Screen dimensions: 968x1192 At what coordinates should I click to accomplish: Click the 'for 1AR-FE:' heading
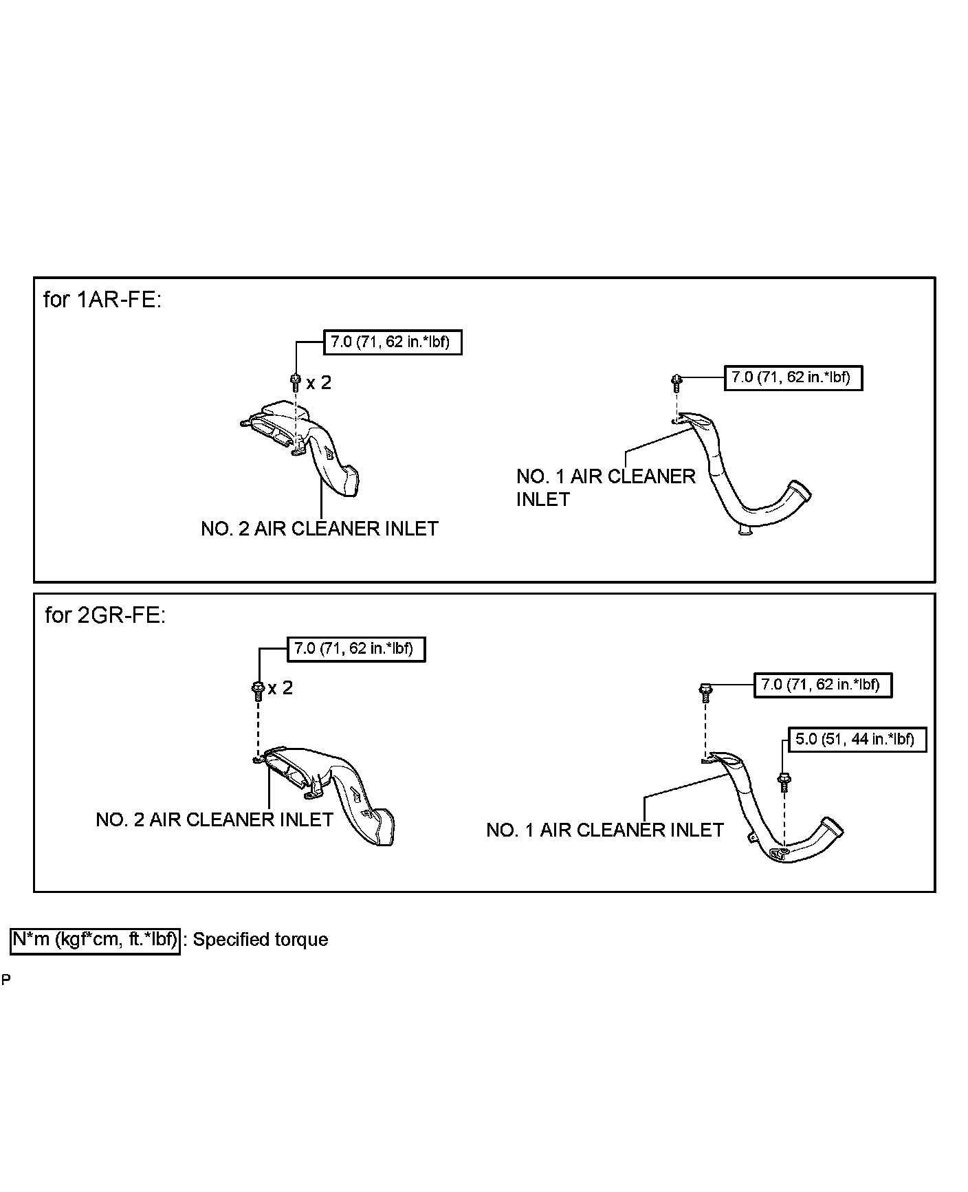tap(102, 300)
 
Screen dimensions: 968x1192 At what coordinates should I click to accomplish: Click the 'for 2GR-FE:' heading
tap(105, 615)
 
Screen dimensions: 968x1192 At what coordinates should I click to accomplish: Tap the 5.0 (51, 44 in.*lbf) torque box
tap(855, 740)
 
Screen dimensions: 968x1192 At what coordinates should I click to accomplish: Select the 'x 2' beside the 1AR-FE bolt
tap(318, 382)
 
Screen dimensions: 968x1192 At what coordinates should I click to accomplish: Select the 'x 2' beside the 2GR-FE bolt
tap(280, 687)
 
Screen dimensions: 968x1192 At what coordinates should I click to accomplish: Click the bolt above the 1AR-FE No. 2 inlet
tap(296, 380)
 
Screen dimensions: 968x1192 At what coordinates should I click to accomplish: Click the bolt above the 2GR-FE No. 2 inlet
tap(258, 689)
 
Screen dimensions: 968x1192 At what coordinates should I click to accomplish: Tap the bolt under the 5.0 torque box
tap(782, 782)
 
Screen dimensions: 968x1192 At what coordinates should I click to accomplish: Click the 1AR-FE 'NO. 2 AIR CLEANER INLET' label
tap(320, 529)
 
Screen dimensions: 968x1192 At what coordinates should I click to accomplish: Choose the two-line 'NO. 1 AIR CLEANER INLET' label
tap(605, 487)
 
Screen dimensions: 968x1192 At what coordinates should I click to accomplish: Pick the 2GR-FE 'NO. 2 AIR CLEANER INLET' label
tap(214, 819)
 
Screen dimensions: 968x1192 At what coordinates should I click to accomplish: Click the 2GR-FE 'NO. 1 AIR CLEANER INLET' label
tap(604, 830)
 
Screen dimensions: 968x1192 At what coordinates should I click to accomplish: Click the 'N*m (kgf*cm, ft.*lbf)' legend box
tap(95, 940)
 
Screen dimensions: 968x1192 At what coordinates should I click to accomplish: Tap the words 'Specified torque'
tap(260, 940)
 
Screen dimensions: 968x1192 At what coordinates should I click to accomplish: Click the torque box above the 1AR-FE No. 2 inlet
tap(392, 342)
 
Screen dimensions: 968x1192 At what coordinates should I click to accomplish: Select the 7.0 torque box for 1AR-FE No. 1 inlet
tap(793, 377)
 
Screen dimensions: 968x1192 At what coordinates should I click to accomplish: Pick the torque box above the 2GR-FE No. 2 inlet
tap(355, 648)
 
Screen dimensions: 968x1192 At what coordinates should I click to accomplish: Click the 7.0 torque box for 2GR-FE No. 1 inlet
tap(822, 685)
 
